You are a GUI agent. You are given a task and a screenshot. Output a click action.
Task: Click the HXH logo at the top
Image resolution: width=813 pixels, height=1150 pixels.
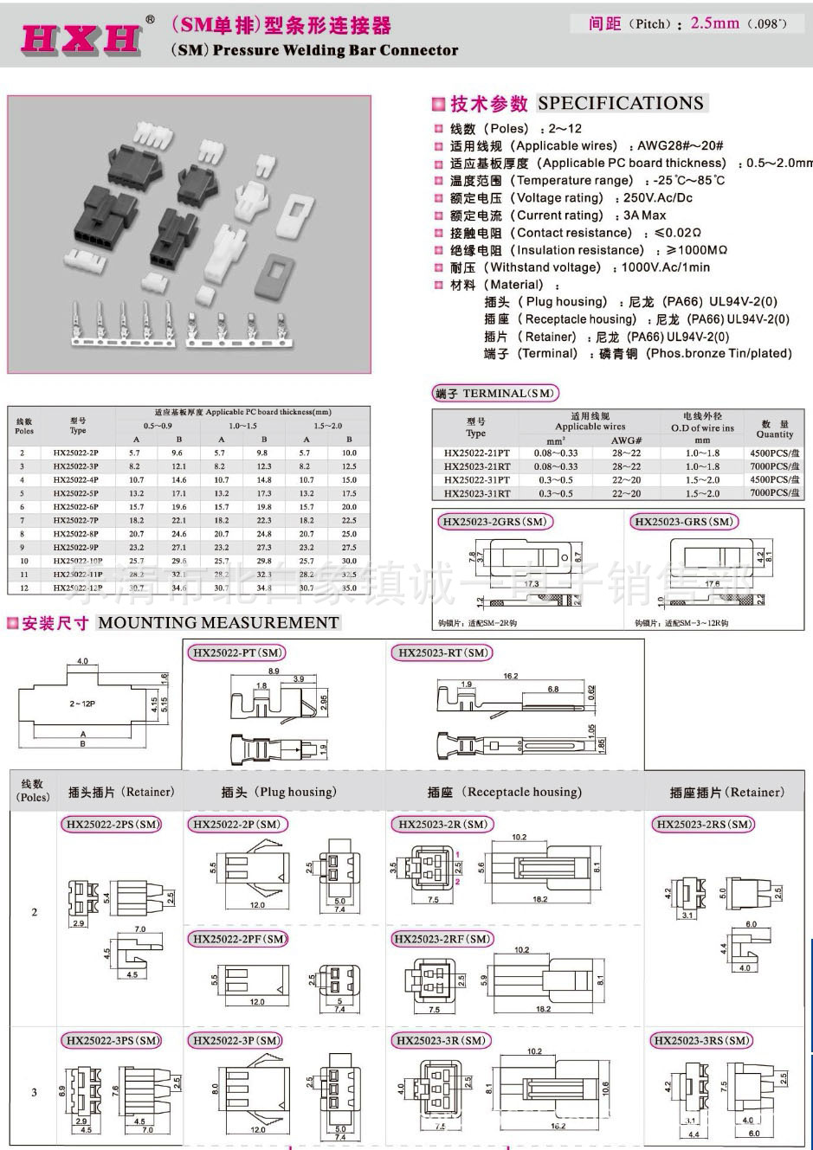tap(80, 37)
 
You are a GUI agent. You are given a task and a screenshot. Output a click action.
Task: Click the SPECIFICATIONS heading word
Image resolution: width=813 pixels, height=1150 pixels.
tap(620, 103)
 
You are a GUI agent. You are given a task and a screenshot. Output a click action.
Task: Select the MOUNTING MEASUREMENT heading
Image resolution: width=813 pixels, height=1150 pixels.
tap(218, 622)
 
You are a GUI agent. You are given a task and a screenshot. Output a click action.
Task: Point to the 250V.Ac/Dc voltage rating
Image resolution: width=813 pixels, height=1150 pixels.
tap(657, 198)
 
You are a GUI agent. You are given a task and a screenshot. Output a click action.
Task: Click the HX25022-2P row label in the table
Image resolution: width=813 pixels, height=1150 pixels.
tap(76, 453)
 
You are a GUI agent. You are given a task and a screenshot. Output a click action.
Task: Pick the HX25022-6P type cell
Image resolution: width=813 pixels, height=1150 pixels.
tap(76, 507)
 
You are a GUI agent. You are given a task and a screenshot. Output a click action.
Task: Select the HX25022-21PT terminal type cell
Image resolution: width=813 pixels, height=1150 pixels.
tap(476, 453)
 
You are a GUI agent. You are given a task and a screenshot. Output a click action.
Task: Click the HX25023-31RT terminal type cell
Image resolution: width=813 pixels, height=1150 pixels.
tap(476, 493)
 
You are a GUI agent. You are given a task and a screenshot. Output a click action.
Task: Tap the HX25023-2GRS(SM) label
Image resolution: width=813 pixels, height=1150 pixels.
tap(494, 522)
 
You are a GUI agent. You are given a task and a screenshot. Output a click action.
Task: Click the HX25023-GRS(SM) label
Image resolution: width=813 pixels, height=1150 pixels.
tap(683, 522)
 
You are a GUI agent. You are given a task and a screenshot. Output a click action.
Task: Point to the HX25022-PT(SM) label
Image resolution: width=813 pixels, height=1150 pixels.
tap(238, 652)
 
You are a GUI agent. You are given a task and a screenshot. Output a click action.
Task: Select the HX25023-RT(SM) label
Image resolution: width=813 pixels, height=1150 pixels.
tap(442, 652)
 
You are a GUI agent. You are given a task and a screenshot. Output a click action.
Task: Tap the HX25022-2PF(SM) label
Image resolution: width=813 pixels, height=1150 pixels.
tap(239, 939)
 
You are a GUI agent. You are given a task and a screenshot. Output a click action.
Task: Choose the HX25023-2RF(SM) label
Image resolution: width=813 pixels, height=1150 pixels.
tap(442, 939)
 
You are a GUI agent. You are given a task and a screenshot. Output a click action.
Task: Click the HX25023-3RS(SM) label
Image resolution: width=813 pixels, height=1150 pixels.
tap(701, 1040)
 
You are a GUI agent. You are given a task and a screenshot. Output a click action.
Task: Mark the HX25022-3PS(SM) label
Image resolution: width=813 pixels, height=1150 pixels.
tap(112, 1040)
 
